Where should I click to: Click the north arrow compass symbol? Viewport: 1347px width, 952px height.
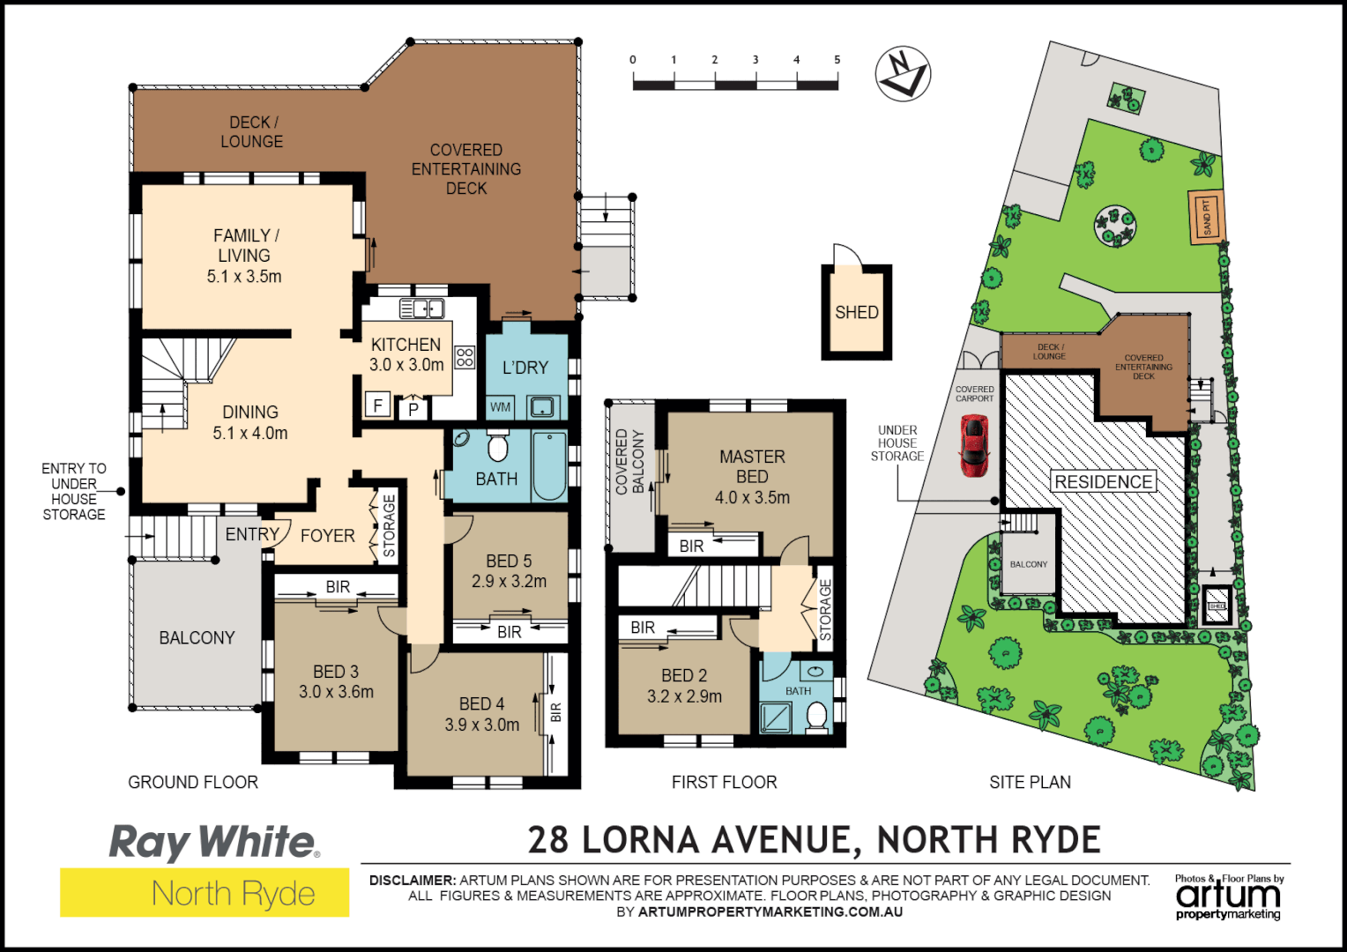[x=903, y=73]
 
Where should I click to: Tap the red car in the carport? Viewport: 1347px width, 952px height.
[x=973, y=445]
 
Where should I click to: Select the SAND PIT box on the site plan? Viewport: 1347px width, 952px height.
[x=1207, y=216]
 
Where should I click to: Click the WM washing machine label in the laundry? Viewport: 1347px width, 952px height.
[x=500, y=407]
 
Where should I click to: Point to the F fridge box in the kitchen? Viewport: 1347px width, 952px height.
[x=378, y=405]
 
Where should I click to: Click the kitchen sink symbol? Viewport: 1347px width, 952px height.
[x=422, y=309]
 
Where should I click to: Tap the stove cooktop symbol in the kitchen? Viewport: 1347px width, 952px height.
[x=465, y=357]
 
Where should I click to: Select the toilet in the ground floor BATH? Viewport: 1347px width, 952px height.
[x=498, y=446]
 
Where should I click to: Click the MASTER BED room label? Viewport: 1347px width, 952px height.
[x=752, y=466]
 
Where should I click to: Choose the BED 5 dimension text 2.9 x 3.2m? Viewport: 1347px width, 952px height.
[x=509, y=582]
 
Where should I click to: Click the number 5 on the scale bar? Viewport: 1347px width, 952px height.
[x=837, y=60]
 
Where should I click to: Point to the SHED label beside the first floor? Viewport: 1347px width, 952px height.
[x=857, y=312]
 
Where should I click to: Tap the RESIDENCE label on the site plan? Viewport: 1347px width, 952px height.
[x=1104, y=482]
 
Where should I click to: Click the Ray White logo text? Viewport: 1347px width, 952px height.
[x=212, y=842]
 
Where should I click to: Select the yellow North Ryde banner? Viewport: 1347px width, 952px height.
[x=205, y=893]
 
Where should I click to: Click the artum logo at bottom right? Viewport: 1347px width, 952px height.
[x=1228, y=896]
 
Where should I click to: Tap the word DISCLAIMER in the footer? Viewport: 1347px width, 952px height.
[x=412, y=880]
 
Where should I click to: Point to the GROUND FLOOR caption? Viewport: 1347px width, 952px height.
[x=193, y=782]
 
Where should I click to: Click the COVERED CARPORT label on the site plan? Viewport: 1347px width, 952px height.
[x=974, y=393]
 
